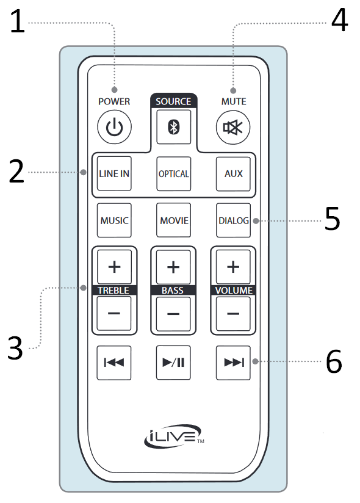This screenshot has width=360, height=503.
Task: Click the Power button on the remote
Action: (114, 128)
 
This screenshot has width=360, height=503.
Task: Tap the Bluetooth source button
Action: (173, 127)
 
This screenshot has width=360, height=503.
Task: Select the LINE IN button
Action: (114, 173)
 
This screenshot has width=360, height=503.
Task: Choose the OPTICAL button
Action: (173, 173)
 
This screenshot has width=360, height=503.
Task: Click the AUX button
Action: (233, 173)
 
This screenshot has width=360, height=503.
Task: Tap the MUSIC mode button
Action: (114, 220)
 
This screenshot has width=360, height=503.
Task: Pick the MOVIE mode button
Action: (173, 220)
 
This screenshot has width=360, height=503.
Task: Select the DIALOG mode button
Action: (233, 220)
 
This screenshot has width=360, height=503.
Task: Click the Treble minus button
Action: (114, 314)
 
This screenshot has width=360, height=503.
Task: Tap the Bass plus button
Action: (173, 267)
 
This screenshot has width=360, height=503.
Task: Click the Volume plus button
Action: (233, 267)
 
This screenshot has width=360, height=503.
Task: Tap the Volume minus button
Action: (233, 314)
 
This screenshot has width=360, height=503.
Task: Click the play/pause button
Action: (173, 363)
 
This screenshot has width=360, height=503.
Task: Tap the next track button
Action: (233, 363)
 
